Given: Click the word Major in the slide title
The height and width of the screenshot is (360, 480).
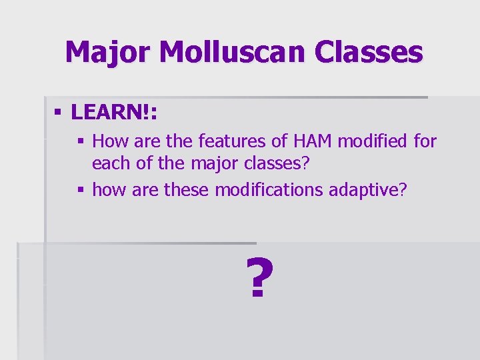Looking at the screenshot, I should [x=107, y=52].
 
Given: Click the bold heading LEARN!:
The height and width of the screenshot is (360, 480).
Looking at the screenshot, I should [x=114, y=113].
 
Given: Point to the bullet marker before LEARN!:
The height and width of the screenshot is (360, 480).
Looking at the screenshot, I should [x=59, y=113].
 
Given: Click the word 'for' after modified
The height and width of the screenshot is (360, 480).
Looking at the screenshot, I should [x=425, y=141].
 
